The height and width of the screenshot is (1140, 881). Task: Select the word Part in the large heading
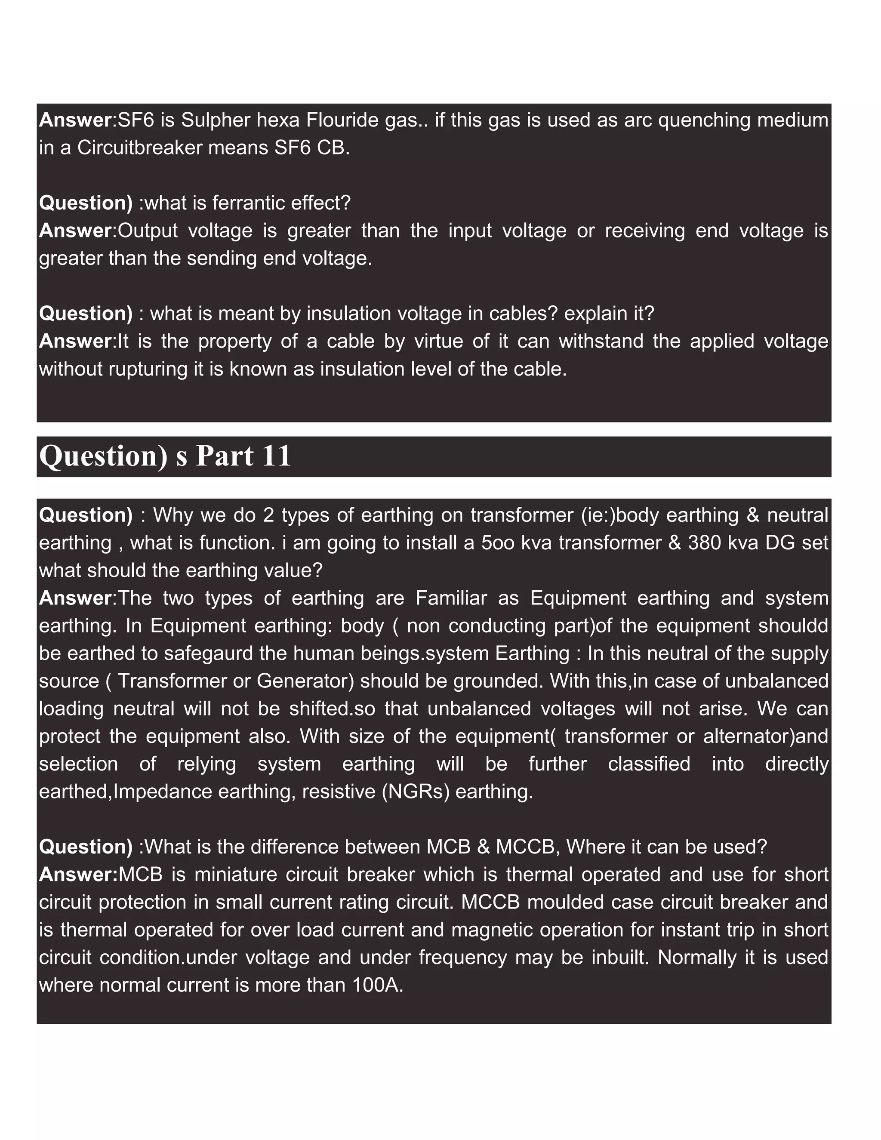point(225,456)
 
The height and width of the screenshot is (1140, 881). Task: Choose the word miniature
point(235,875)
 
